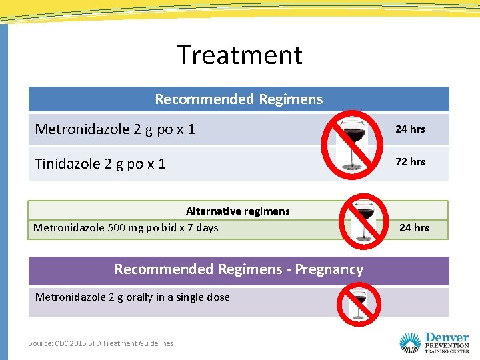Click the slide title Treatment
239,55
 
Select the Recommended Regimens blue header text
239,99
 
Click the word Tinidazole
69,163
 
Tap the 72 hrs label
410,161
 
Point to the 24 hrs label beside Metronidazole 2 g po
410,129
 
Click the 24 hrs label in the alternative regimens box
414,228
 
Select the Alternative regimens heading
238,211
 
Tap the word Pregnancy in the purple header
329,269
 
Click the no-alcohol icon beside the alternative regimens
364,221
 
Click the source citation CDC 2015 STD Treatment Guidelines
101,343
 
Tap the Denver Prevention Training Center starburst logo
410,343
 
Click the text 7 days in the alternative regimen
202,228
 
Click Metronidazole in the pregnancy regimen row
70,297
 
